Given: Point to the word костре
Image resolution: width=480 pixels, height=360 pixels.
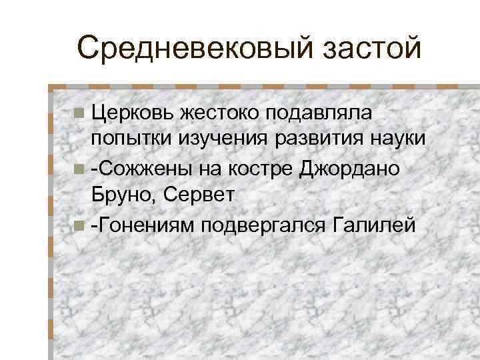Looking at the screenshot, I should click(255, 169).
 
